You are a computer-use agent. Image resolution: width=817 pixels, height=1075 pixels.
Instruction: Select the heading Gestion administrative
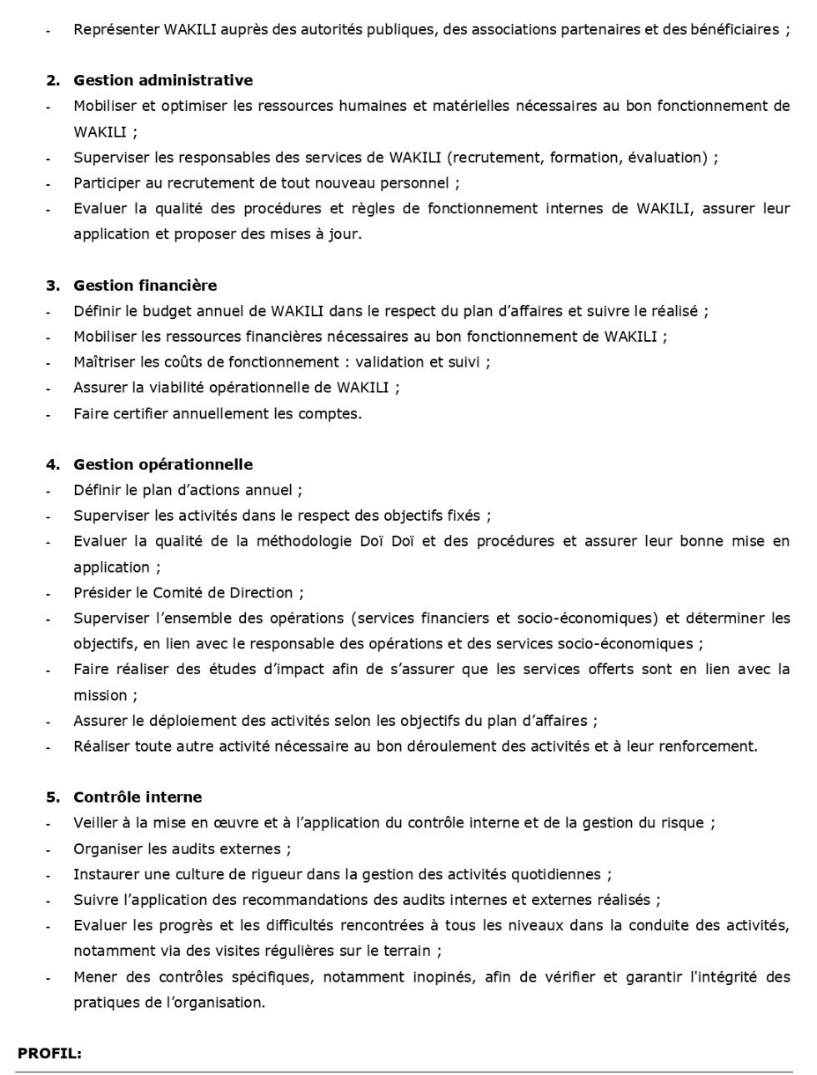tap(163, 81)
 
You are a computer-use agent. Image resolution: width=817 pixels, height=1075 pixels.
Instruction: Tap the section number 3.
tap(52, 286)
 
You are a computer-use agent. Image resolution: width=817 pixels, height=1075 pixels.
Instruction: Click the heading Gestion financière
tap(145, 286)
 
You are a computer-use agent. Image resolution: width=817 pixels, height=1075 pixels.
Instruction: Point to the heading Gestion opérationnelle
tap(163, 465)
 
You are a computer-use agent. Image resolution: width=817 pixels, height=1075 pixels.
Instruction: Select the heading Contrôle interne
tap(138, 797)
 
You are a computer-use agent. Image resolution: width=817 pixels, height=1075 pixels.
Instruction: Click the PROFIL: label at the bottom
tap(49, 1053)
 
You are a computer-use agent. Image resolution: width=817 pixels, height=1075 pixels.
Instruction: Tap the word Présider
tap(101, 593)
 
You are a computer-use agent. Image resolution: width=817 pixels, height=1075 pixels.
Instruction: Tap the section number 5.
tap(52, 797)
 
